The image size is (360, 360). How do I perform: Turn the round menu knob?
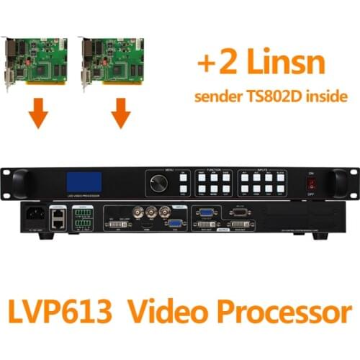(x=158, y=181)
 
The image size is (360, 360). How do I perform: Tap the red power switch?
(x=311, y=184)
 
